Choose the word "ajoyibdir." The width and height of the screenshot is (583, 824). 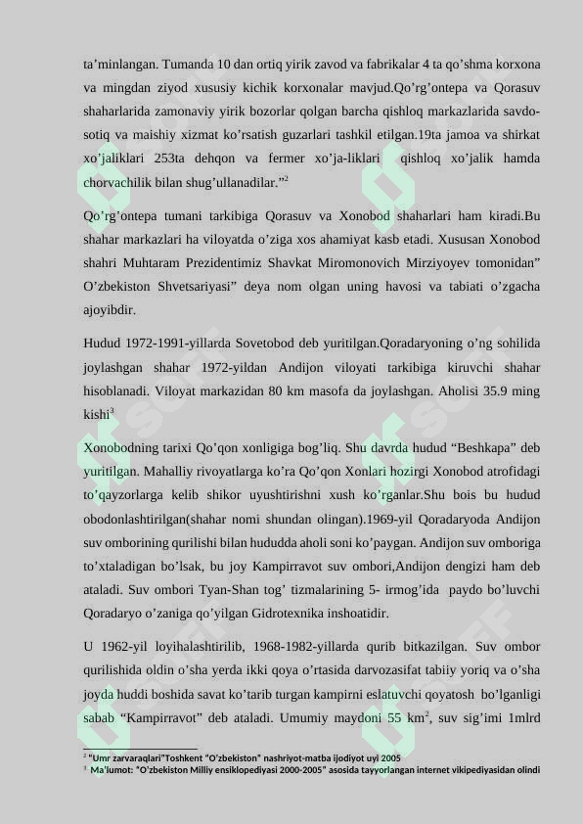point(110,310)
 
